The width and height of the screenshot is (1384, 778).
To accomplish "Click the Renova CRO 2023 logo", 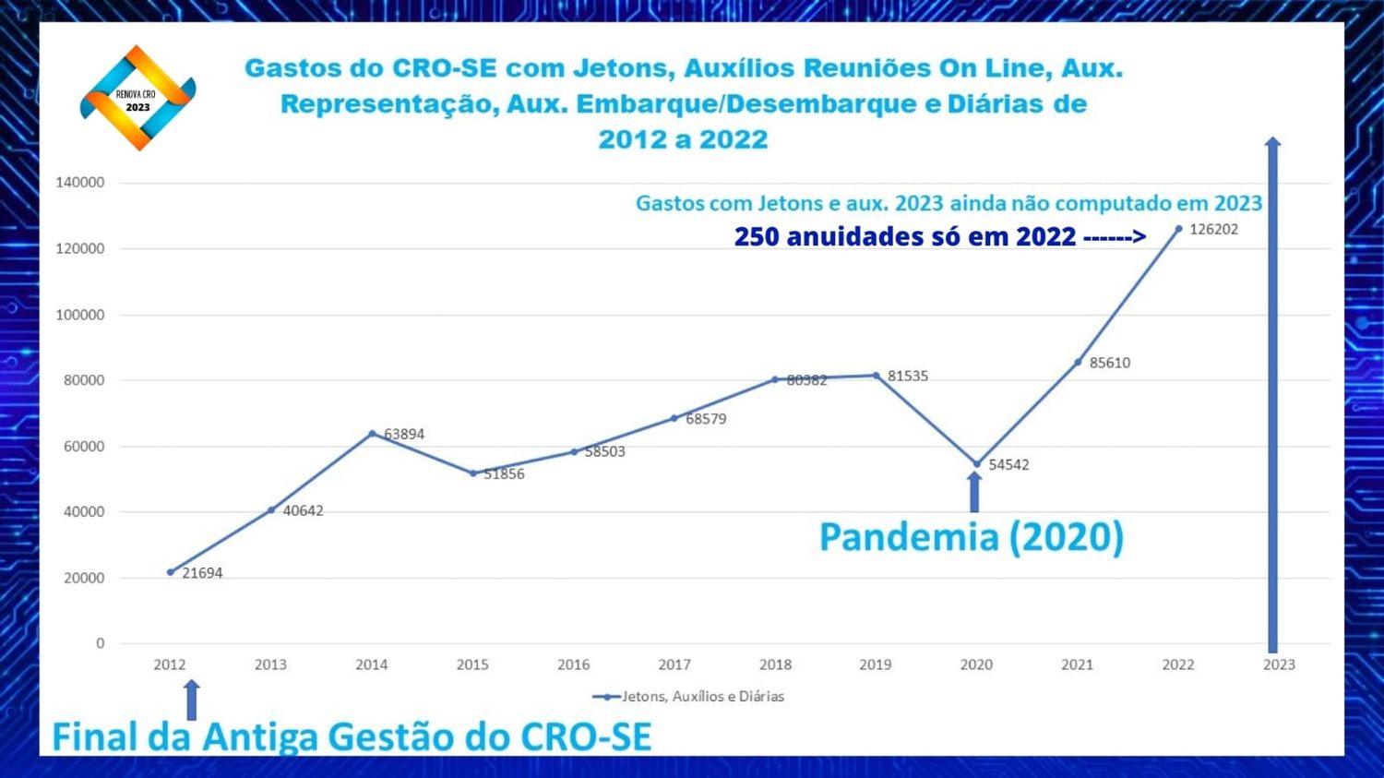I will tap(137, 98).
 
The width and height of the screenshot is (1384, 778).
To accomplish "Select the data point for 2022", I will tap(1178, 229).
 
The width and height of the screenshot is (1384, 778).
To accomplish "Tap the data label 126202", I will tap(1213, 229).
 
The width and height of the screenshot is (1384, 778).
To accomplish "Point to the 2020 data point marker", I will tap(977, 464).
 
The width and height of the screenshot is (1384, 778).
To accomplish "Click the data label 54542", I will tap(1008, 464).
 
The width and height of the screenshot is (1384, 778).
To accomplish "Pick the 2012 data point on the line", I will tap(171, 572).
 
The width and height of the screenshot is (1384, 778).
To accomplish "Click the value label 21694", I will tap(202, 573).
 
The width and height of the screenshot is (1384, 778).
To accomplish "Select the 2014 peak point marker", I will tap(372, 434).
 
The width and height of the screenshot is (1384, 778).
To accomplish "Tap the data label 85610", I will tap(1109, 363).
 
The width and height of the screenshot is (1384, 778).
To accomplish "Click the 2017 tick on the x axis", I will tap(674, 664).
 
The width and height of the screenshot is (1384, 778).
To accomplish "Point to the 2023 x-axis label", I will tap(1279, 664).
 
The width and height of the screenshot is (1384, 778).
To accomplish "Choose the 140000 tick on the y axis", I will tap(80, 183).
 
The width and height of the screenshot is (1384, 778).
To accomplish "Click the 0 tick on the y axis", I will tap(101, 643).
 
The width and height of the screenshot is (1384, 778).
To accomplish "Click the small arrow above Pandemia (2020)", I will tap(974, 491).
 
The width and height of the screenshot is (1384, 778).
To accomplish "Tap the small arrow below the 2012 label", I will tap(192, 700).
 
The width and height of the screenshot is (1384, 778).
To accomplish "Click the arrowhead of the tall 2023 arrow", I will tap(1272, 143).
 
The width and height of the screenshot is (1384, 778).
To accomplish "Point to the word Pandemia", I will tap(908, 537).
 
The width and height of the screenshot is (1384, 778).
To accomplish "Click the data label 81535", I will tap(908, 376).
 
